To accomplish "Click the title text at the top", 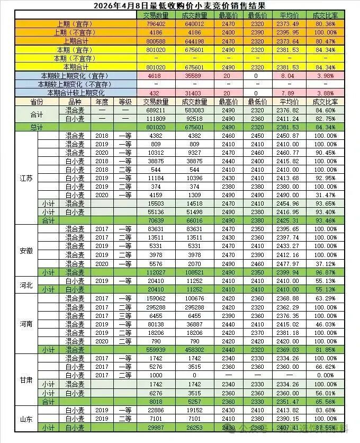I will (179, 5).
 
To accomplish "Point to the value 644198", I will (193, 41).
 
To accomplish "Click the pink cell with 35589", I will (193, 76).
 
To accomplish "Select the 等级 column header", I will (125, 102).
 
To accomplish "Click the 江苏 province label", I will (26, 179).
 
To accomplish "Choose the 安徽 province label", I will (26, 250).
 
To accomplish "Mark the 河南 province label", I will (26, 324).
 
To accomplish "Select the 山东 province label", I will (26, 419).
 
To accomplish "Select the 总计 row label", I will (37, 127).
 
